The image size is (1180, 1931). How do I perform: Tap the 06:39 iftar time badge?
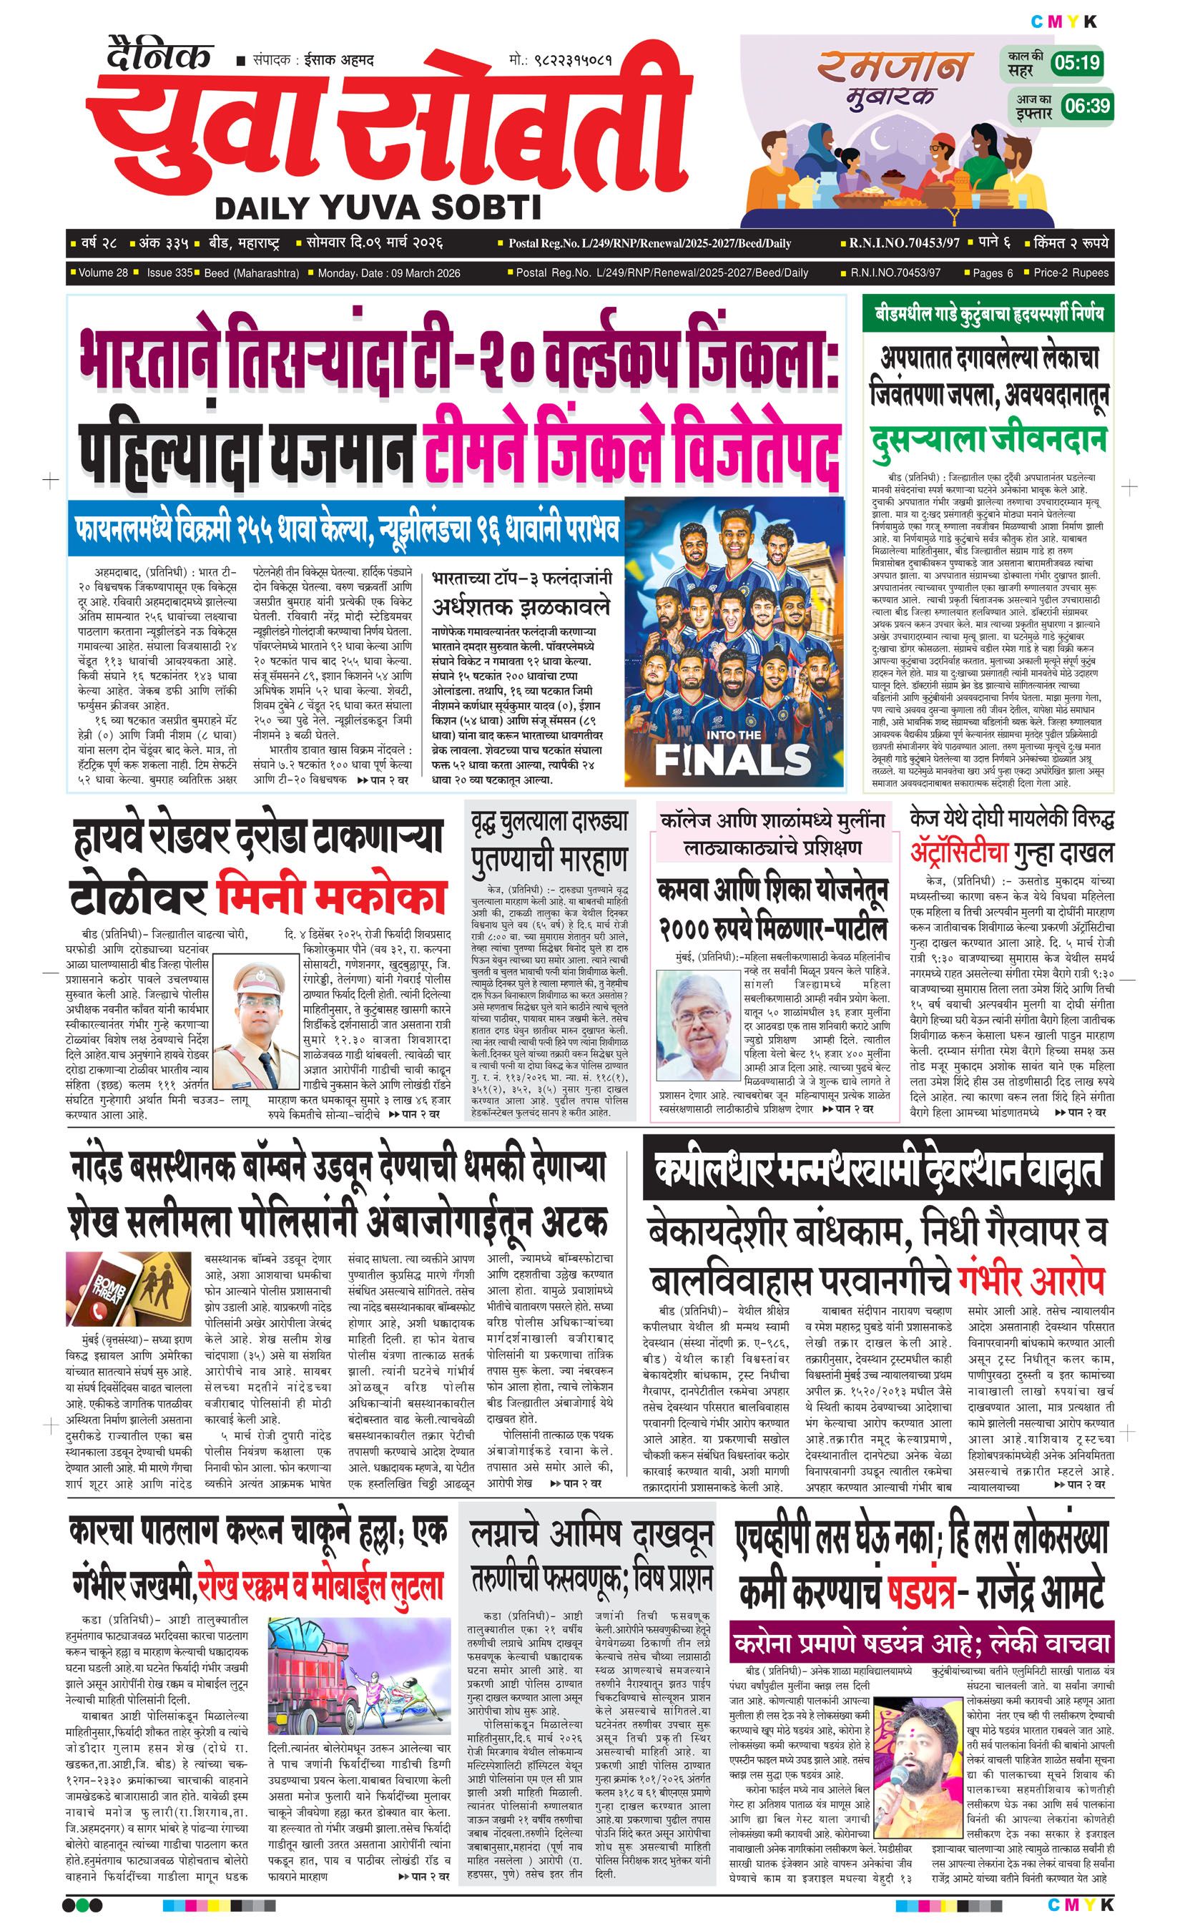click(1088, 104)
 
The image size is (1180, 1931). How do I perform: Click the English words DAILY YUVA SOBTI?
click(378, 207)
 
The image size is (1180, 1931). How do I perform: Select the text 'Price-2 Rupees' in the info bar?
click(1071, 272)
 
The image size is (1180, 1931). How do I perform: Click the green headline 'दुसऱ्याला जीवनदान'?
click(989, 438)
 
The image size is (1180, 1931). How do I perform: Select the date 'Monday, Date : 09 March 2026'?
click(388, 272)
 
